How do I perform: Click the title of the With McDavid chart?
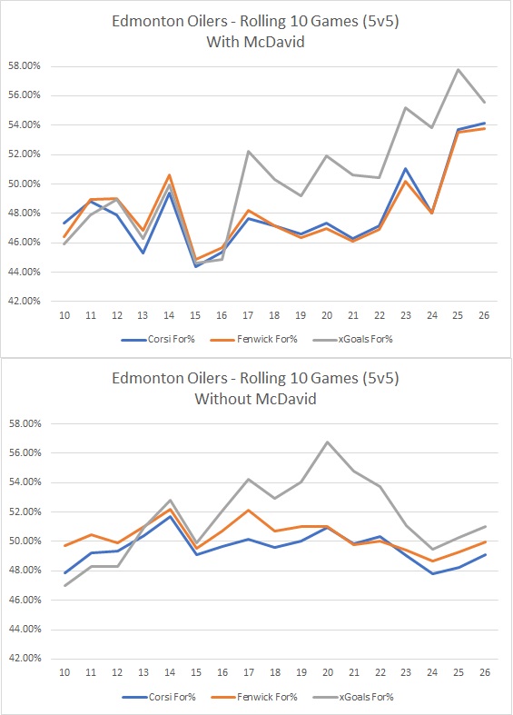point(256,32)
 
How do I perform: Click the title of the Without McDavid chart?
point(256,389)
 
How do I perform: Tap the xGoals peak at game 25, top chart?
point(459,70)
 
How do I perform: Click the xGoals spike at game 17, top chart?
point(248,152)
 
